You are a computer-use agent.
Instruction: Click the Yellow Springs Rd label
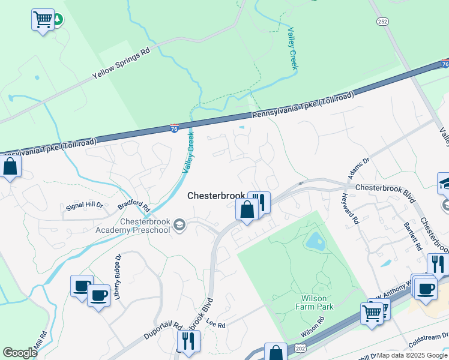pos(121,65)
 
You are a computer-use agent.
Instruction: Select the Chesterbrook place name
pos(216,196)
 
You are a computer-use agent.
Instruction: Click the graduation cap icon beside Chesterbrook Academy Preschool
pos(179,226)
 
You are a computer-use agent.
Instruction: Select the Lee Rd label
pos(215,325)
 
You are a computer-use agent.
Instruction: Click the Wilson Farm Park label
pos(318,302)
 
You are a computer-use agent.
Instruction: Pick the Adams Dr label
pos(358,169)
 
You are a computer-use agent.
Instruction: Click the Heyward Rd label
pos(350,209)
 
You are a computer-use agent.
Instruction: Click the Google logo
pos(20,353)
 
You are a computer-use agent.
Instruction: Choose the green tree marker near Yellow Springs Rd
pos(58,19)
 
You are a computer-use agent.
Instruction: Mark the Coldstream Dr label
pos(429,341)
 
